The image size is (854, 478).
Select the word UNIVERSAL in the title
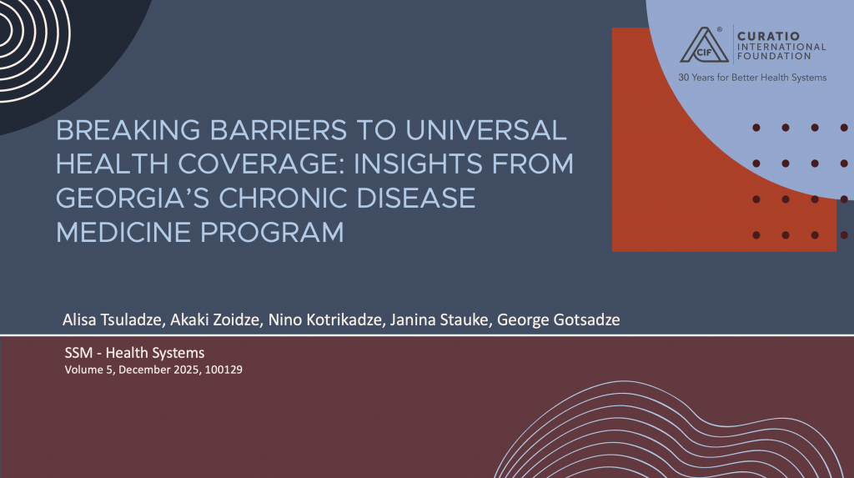(486, 131)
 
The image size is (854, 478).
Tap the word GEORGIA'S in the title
(133, 199)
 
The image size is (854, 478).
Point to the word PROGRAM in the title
(272, 233)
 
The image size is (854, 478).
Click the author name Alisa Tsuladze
(113, 320)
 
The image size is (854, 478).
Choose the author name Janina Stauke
(440, 320)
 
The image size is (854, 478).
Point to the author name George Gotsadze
(558, 320)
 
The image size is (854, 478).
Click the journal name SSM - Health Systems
(134, 353)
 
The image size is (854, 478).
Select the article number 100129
(224, 370)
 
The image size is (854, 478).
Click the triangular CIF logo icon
(704, 46)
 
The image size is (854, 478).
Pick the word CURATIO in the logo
(768, 37)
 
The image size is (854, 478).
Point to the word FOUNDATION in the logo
(774, 56)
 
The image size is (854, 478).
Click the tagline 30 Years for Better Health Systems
(752, 78)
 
